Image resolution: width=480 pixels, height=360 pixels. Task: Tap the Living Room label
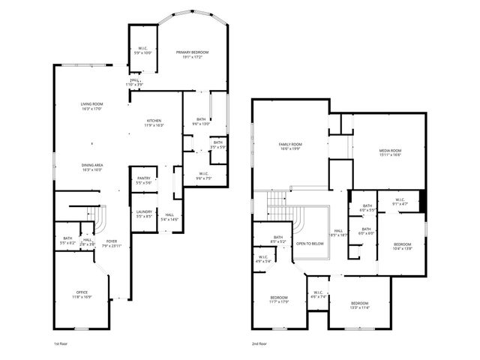(x=91, y=106)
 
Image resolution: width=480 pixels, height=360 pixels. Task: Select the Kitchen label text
(x=154, y=122)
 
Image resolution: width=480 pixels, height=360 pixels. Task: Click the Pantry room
(x=143, y=181)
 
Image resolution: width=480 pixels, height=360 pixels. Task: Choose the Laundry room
(x=143, y=214)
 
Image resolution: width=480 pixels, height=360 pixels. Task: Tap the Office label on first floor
(x=82, y=294)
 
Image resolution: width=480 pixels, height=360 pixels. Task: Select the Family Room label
(x=289, y=146)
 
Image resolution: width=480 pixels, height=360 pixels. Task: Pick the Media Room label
(x=389, y=152)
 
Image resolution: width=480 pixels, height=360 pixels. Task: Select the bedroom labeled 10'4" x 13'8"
(x=403, y=247)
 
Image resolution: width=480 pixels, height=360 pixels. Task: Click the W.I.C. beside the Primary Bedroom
(x=142, y=50)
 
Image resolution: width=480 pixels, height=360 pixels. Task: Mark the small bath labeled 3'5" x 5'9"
(x=217, y=145)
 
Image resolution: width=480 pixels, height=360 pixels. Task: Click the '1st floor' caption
(x=62, y=343)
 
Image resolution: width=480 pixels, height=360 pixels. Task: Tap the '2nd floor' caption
(x=260, y=343)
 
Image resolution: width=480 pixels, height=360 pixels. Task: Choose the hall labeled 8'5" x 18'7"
(x=338, y=232)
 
